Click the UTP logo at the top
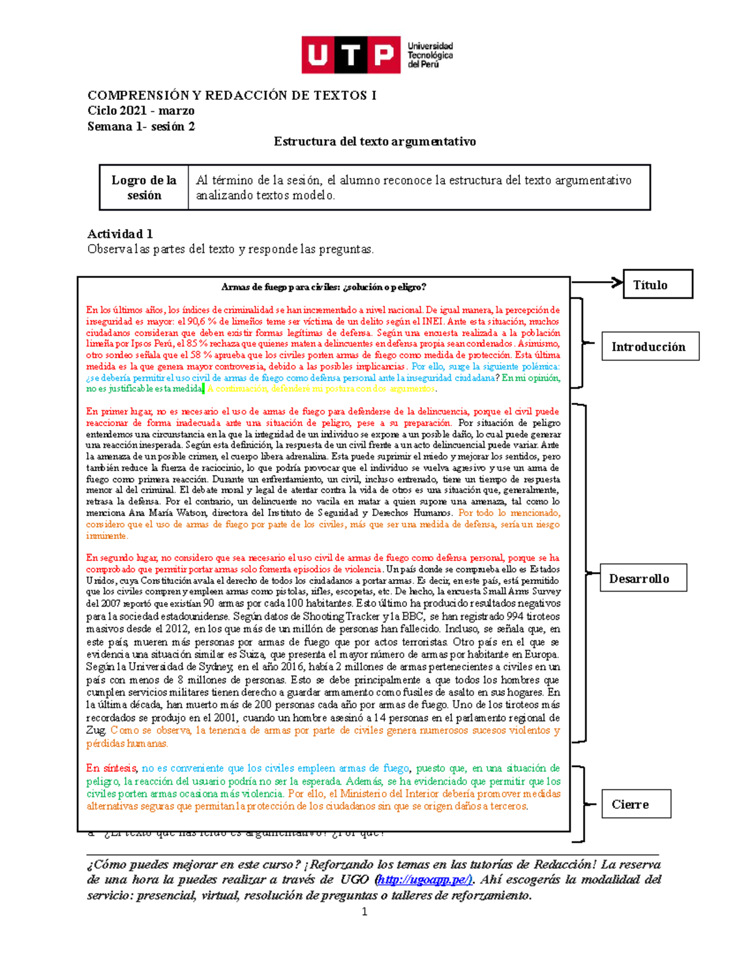[351, 55]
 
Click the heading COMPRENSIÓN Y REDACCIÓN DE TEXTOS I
[232, 96]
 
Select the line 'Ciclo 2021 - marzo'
[141, 111]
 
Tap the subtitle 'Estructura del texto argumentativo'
[374, 141]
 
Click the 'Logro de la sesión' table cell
[144, 187]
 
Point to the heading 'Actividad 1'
[120, 234]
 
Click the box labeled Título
[657, 285]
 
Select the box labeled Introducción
[649, 347]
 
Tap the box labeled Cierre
[636, 804]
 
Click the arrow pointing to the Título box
[597, 282]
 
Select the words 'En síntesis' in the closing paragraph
[112, 768]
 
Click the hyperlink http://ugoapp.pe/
[424, 879]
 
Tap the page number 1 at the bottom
[364, 912]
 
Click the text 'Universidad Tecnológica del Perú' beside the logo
[430, 55]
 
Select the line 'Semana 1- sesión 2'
[141, 126]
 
